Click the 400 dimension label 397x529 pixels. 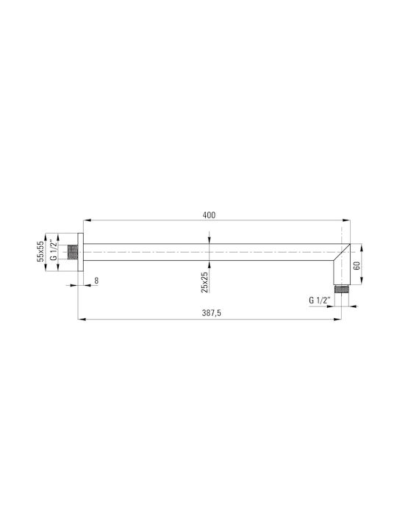209,215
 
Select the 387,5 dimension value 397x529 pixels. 211,313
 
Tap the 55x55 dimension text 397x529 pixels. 40,251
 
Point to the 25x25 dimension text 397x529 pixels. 204,282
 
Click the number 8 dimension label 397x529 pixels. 96,281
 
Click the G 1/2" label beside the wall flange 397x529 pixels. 53,251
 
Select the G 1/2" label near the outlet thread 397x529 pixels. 318,300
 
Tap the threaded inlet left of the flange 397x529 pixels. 73,252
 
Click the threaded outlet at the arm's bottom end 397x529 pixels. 342,289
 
